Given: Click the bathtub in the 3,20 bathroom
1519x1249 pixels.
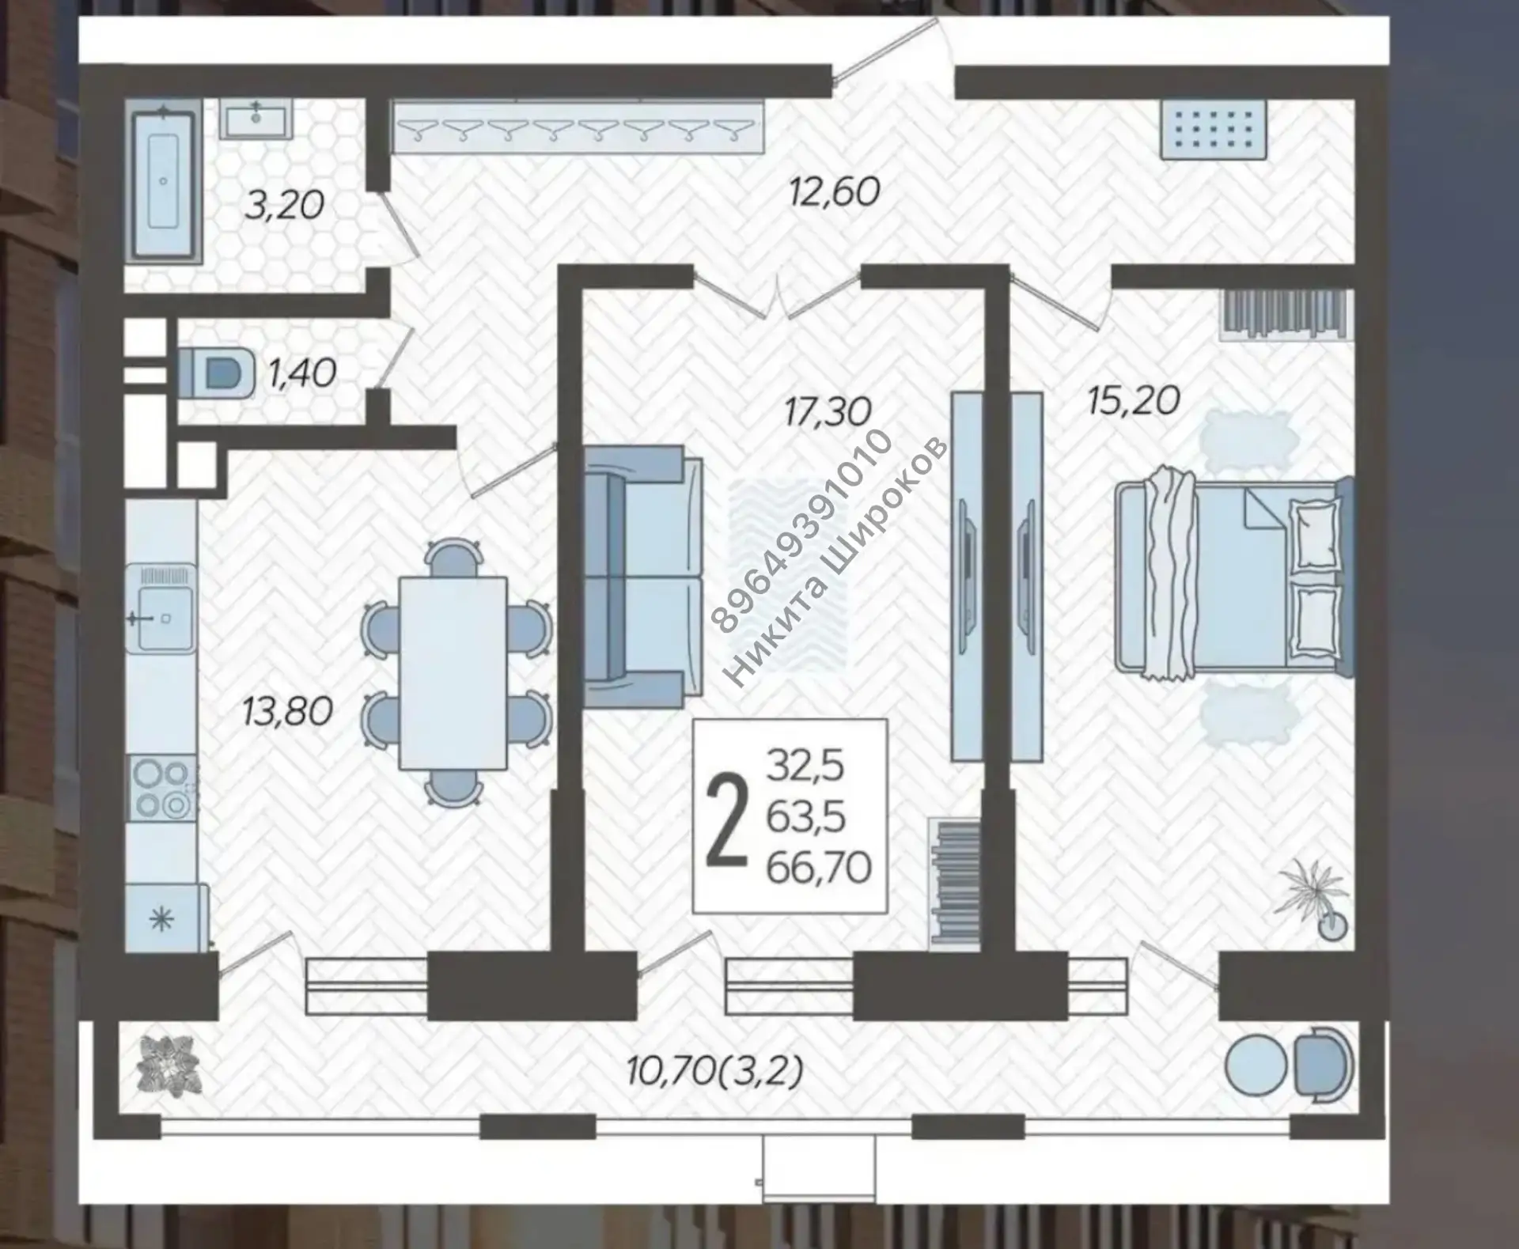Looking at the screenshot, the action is click(x=163, y=182).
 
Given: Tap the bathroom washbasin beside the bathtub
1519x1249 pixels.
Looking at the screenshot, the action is click(x=256, y=119).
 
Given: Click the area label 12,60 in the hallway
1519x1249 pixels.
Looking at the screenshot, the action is click(x=834, y=192).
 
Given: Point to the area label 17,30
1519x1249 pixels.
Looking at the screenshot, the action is click(x=828, y=411).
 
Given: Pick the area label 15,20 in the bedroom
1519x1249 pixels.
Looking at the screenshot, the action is click(x=1133, y=401).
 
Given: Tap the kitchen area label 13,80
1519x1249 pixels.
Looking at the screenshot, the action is click(x=286, y=711).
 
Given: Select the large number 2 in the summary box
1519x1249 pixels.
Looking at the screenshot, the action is click(x=726, y=820).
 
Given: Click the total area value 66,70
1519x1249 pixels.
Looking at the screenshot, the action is click(x=819, y=868).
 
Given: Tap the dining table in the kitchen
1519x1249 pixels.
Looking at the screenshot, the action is click(x=453, y=673).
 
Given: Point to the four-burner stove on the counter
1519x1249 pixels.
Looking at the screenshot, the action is click(x=161, y=789).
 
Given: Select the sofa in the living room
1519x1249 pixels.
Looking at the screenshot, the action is click(x=642, y=575).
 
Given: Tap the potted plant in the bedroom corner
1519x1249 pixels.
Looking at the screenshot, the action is click(x=1313, y=900).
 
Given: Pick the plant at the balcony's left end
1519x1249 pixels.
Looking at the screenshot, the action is click(x=168, y=1065).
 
